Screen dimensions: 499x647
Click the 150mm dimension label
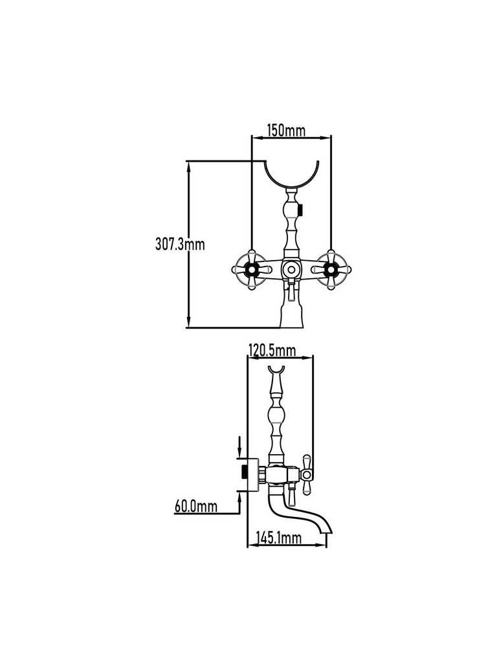tap(285, 130)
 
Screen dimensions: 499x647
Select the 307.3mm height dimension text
tap(180, 244)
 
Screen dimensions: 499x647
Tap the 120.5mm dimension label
tap(272, 350)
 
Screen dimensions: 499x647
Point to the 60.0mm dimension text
tap(195, 506)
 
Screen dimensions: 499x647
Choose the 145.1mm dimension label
tap(278, 538)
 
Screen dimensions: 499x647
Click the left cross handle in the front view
tap(251, 270)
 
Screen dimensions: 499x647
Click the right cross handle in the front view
tap(331, 270)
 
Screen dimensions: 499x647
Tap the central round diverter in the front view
tap(291, 270)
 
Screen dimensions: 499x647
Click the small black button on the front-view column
tap(302, 210)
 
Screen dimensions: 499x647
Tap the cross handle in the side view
tap(306, 474)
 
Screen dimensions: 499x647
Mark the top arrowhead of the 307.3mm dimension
tap(189, 166)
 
